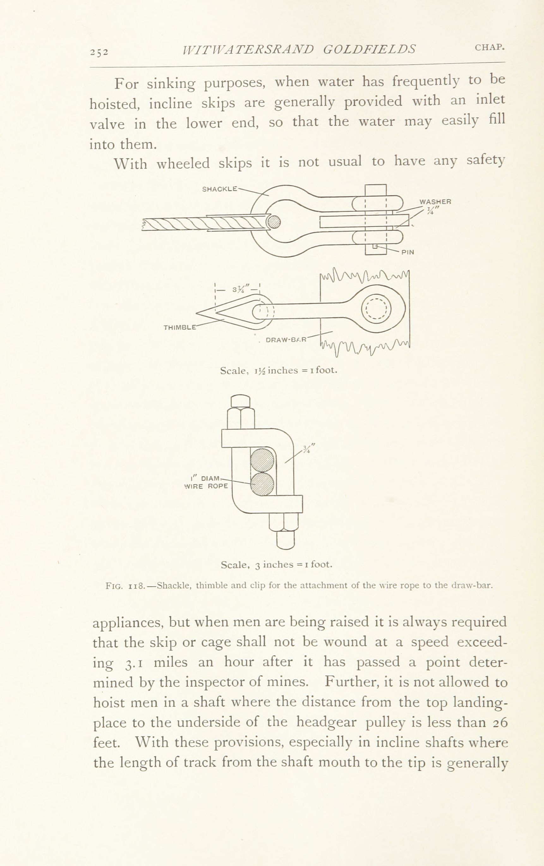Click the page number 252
[x=99, y=52]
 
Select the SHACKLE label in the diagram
[x=220, y=189]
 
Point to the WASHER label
[x=435, y=202]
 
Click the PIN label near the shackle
[x=408, y=252]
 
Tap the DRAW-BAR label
[x=286, y=339]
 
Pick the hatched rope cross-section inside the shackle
[x=274, y=222]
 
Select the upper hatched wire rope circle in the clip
[x=262, y=460]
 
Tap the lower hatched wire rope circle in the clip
[x=262, y=484]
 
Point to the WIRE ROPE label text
[x=206, y=487]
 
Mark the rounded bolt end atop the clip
[x=240, y=401]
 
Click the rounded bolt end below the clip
[x=286, y=540]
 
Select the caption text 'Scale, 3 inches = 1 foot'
[x=276, y=564]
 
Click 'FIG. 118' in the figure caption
[x=125, y=586]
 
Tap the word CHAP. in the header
[x=490, y=48]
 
